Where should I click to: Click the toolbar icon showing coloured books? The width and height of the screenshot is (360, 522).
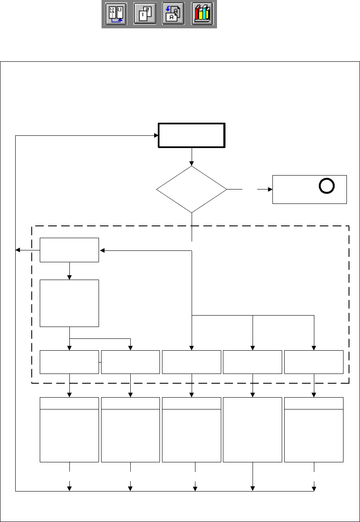click(x=202, y=14)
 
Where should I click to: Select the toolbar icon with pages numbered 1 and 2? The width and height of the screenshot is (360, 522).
click(x=145, y=14)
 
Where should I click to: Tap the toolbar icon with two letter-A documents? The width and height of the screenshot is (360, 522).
click(x=173, y=14)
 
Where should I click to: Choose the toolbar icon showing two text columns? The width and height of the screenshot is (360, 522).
click(x=116, y=14)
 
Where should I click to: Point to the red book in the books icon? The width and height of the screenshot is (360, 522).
click(x=198, y=15)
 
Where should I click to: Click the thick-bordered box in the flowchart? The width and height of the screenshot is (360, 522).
click(x=192, y=135)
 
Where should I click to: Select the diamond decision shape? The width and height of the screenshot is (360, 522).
click(x=192, y=189)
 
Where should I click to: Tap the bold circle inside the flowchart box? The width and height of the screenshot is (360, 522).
click(x=327, y=186)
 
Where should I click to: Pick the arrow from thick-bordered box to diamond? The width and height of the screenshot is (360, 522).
click(x=192, y=157)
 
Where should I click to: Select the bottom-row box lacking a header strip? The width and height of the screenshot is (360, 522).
click(x=253, y=429)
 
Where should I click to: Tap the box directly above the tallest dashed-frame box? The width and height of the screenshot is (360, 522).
click(x=69, y=250)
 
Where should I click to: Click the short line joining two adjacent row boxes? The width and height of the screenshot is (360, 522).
click(x=100, y=362)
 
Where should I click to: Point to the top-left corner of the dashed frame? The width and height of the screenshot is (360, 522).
click(x=32, y=226)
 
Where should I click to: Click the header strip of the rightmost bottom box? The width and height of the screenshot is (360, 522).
click(x=314, y=403)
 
